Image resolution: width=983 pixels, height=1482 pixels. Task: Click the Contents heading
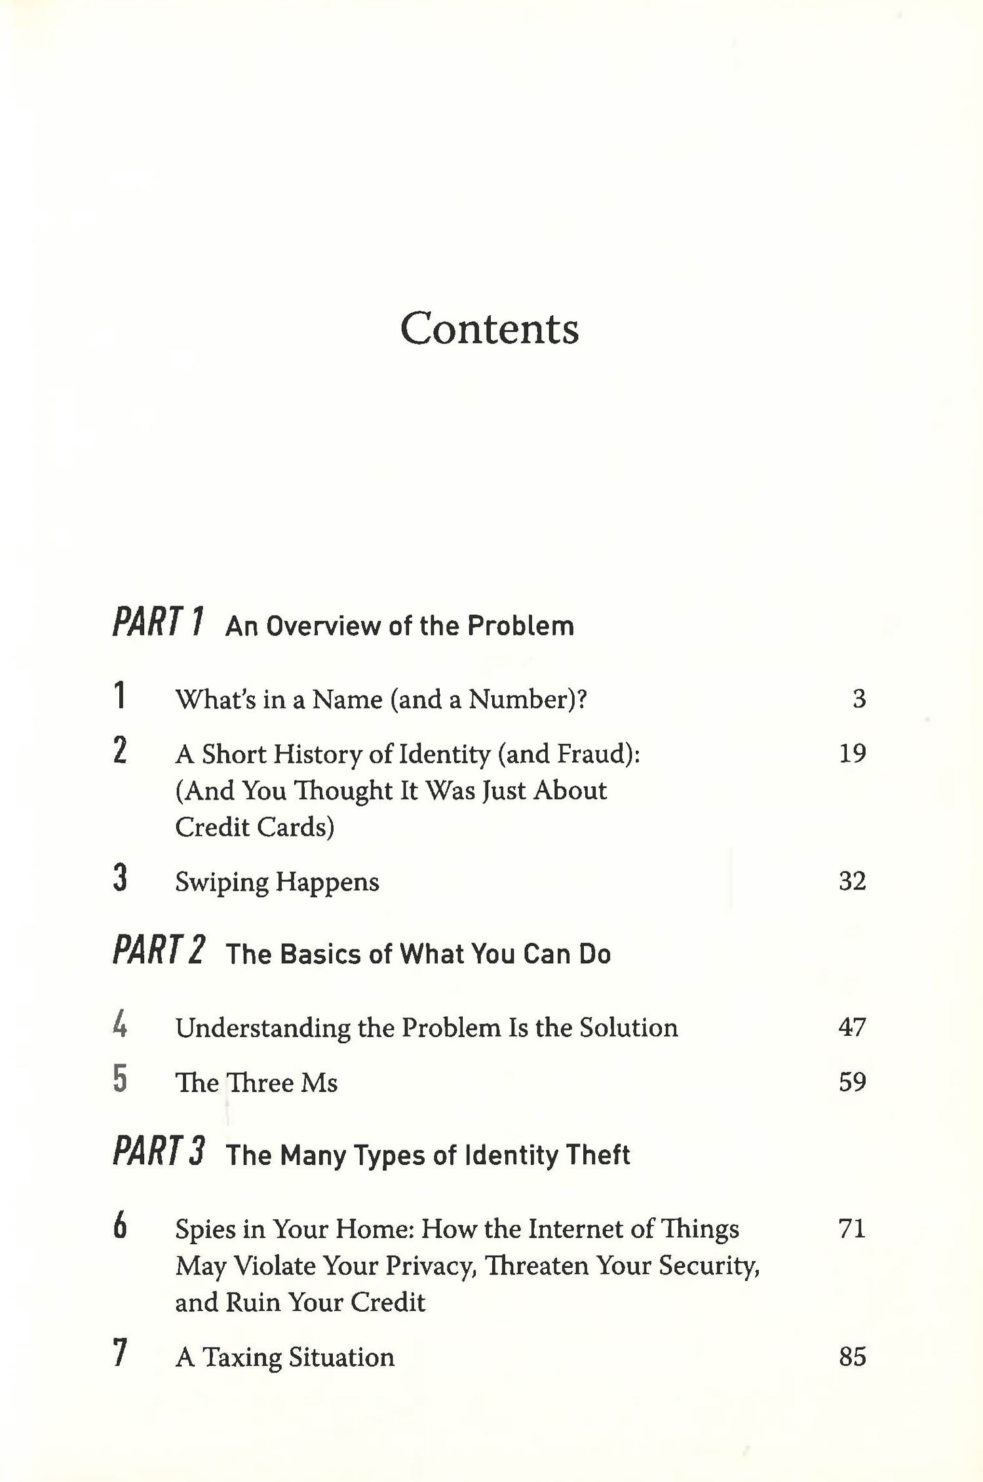(490, 328)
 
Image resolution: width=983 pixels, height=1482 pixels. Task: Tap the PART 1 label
(158, 622)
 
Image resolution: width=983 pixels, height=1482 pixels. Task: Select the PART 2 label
(159, 951)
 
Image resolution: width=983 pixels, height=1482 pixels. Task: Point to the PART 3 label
(159, 1152)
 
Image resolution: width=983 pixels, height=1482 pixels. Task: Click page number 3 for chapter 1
(858, 698)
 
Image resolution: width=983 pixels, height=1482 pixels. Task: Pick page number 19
(852, 753)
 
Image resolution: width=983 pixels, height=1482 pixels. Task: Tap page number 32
(852, 881)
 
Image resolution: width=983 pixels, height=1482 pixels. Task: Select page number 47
(852, 1027)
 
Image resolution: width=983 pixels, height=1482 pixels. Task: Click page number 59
(852, 1082)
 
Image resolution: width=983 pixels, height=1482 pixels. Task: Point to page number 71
(852, 1228)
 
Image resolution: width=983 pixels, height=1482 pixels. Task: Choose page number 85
(852, 1356)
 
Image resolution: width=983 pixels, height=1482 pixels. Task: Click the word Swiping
(221, 882)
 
